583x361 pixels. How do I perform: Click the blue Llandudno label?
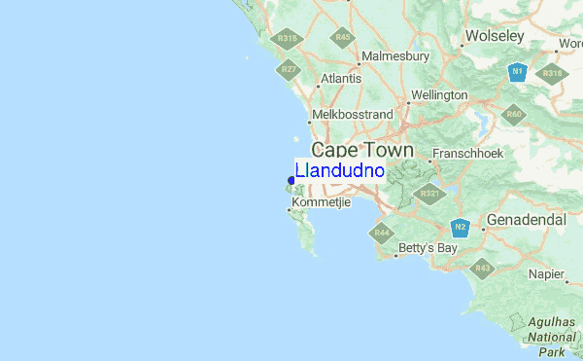[x=339, y=171]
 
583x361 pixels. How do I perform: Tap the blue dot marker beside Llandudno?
[x=291, y=180]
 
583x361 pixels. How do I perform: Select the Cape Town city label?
[x=361, y=151]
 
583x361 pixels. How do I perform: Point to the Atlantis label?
[x=340, y=78]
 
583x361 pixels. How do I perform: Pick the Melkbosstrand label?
[x=352, y=115]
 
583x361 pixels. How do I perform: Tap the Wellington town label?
[x=439, y=95]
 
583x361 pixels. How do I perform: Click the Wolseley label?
[x=495, y=36]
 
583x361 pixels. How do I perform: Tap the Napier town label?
[x=546, y=274]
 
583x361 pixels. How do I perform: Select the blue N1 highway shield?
[x=518, y=71]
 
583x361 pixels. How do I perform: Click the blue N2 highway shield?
[x=461, y=228]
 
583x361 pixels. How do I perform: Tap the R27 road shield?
[x=289, y=69]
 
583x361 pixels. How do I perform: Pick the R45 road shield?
[x=342, y=38]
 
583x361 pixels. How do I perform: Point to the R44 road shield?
[x=380, y=233]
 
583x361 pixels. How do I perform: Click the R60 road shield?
[x=514, y=115]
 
